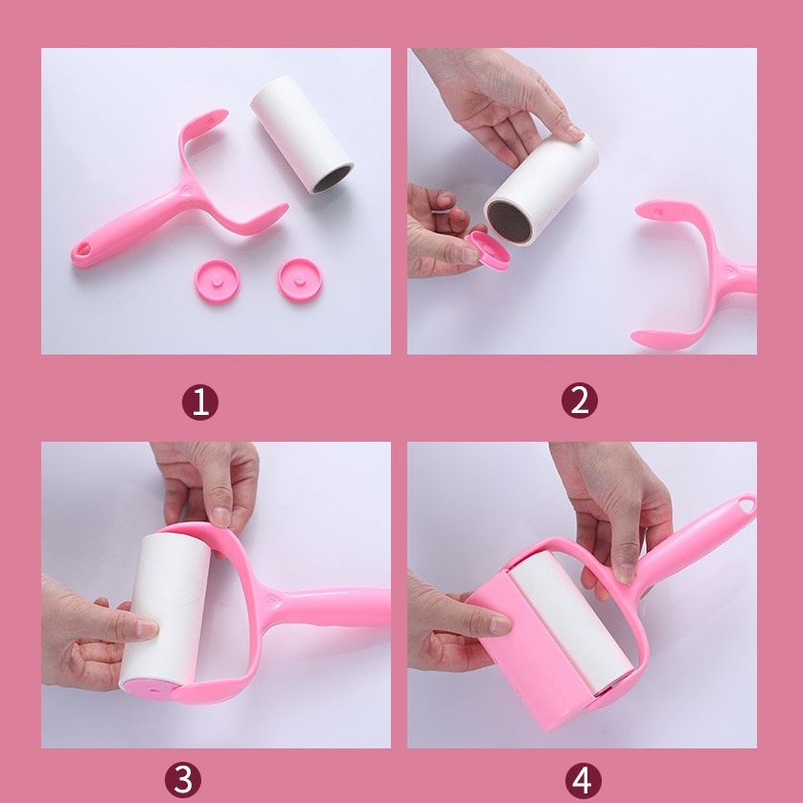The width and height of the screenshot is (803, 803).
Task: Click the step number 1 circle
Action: pyautogui.click(x=200, y=402)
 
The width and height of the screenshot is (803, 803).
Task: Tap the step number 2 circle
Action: pyautogui.click(x=579, y=400)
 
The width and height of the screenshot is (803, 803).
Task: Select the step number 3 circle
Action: pyautogui.click(x=183, y=779)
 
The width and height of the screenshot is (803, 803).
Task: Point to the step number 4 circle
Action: pyautogui.click(x=583, y=780)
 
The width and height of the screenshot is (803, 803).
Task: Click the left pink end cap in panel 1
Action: pyautogui.click(x=218, y=281)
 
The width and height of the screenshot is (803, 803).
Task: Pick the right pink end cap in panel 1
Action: pyautogui.click(x=300, y=280)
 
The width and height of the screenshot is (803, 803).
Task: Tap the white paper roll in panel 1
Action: pyautogui.click(x=302, y=134)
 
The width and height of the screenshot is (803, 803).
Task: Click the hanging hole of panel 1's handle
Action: pyautogui.click(x=82, y=250)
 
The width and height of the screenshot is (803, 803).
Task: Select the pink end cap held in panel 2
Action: pyautogui.click(x=489, y=250)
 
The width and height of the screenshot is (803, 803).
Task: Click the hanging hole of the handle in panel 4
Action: pyautogui.click(x=746, y=504)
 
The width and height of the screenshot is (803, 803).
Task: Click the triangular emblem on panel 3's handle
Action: pyautogui.click(x=272, y=600)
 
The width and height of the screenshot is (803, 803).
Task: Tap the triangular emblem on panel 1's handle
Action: pyautogui.click(x=185, y=189)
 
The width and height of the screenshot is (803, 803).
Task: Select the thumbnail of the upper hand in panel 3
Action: pyautogui.click(x=220, y=516)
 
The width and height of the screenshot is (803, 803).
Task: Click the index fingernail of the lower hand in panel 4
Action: pyautogui.click(x=500, y=624)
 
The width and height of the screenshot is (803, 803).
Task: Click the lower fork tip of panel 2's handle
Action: pyautogui.click(x=637, y=338)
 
